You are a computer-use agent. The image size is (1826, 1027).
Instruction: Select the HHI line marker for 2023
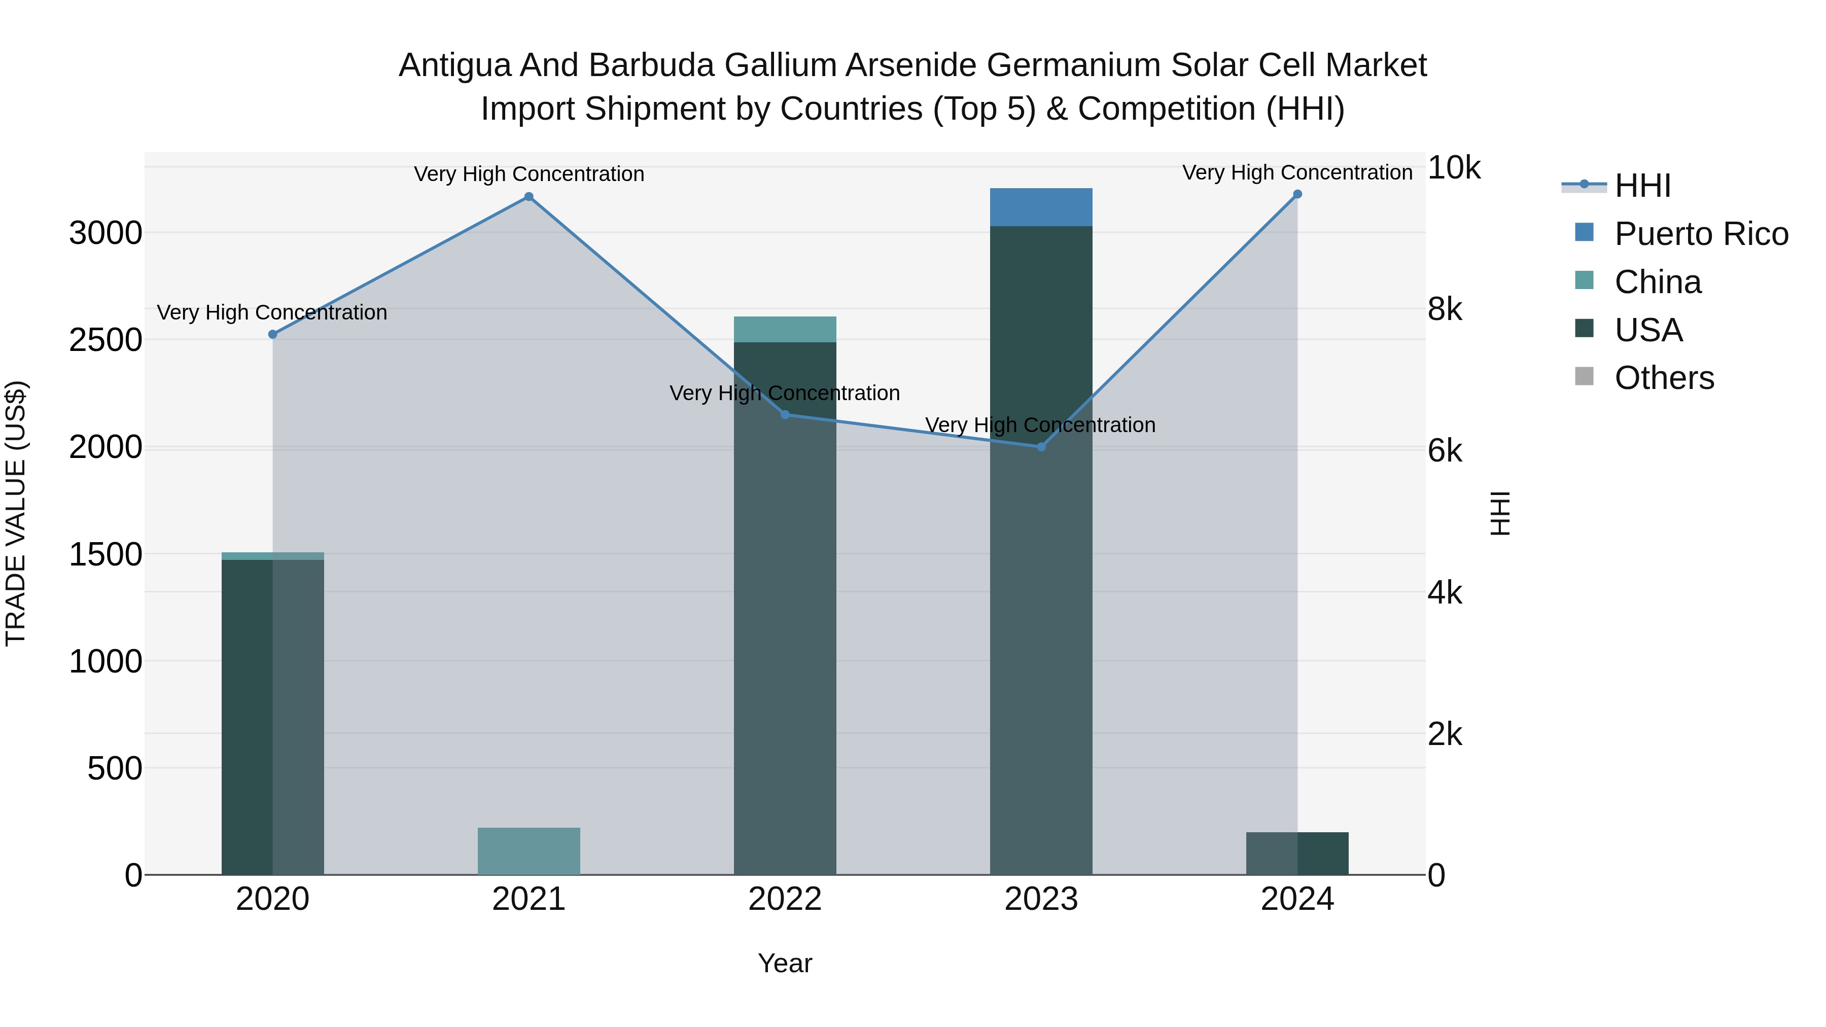tap(1041, 446)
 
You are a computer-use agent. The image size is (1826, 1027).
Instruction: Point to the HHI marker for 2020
tap(272, 335)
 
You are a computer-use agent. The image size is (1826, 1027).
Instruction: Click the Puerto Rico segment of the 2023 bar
tap(1041, 207)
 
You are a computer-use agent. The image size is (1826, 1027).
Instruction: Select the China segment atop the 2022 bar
tap(785, 330)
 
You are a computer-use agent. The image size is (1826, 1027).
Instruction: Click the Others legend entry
tap(1664, 378)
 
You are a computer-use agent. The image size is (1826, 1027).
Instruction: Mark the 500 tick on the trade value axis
tap(115, 768)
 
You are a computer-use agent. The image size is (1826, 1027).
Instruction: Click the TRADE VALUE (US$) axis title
tap(16, 513)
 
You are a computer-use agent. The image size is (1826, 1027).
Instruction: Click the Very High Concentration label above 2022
tap(785, 394)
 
